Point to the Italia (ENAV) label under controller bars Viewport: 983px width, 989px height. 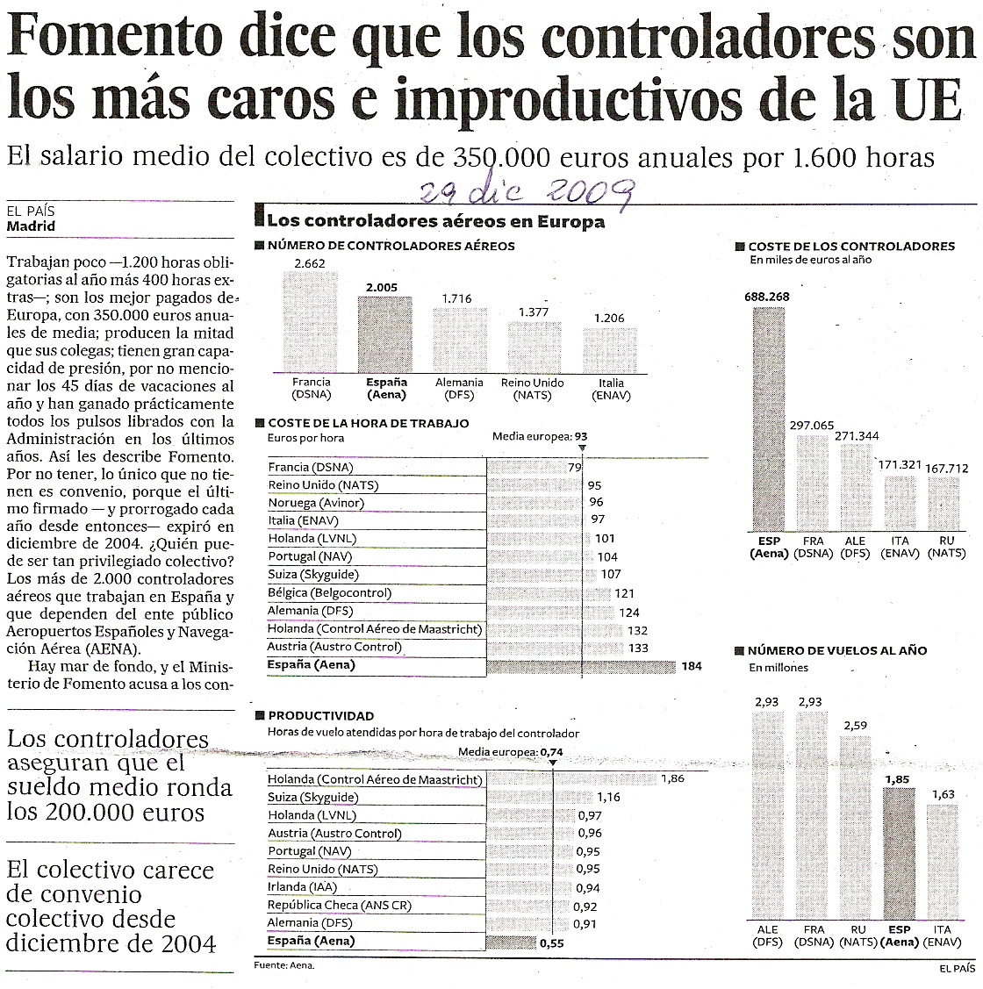(x=611, y=389)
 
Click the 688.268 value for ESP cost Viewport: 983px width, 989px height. (x=766, y=297)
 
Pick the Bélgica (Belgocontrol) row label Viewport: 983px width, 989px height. (x=329, y=593)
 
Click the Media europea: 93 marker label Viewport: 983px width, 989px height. (x=539, y=436)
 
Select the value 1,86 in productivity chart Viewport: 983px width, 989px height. (x=672, y=778)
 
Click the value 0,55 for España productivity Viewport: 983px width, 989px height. (x=550, y=942)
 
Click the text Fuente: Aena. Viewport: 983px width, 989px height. (x=283, y=965)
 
